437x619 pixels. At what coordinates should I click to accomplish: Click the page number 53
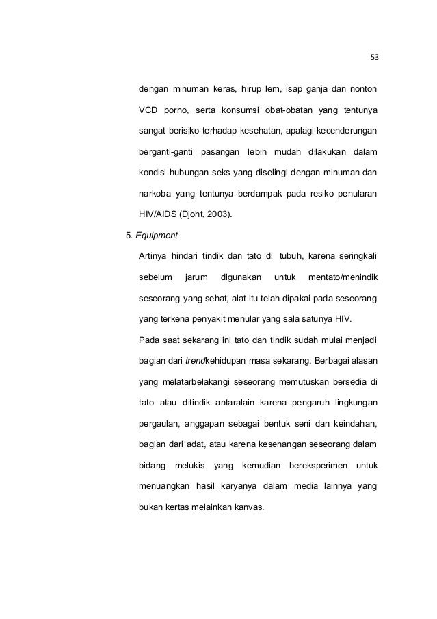pyautogui.click(x=374, y=57)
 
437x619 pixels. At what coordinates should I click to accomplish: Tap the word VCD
pyautogui.click(x=148, y=110)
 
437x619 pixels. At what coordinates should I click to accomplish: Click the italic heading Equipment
pyautogui.click(x=157, y=236)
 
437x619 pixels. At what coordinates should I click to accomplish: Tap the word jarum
pyautogui.click(x=196, y=277)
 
